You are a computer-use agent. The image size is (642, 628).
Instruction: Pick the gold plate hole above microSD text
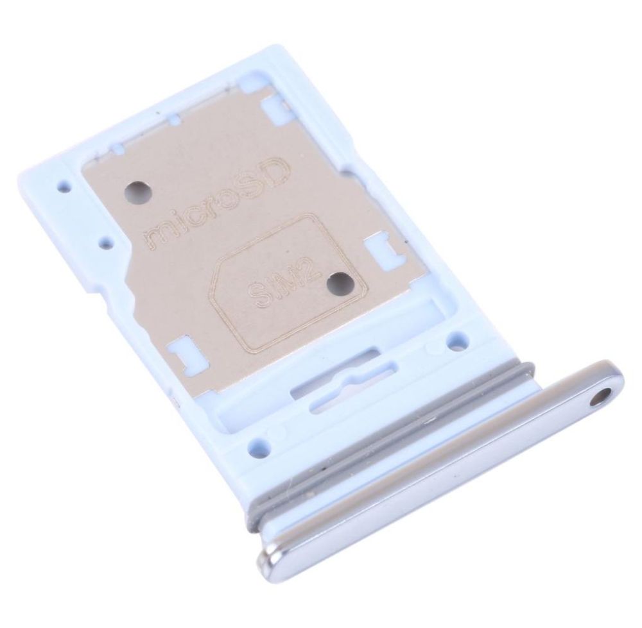point(138,191)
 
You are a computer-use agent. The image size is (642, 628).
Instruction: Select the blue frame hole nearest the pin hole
point(457,341)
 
